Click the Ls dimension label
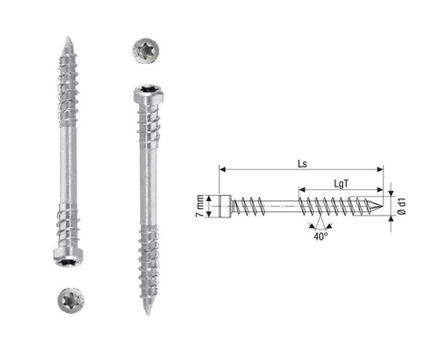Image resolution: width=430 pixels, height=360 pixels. click(x=302, y=163)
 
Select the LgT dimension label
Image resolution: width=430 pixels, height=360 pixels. click(x=341, y=184)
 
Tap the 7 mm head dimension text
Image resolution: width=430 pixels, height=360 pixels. click(x=200, y=206)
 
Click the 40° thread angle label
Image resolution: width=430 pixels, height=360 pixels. click(x=321, y=236)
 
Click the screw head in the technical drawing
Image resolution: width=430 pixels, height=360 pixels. click(x=225, y=206)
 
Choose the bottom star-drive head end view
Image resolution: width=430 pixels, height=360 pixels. click(x=71, y=301)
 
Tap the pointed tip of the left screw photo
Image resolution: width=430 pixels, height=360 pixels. click(x=68, y=37)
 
